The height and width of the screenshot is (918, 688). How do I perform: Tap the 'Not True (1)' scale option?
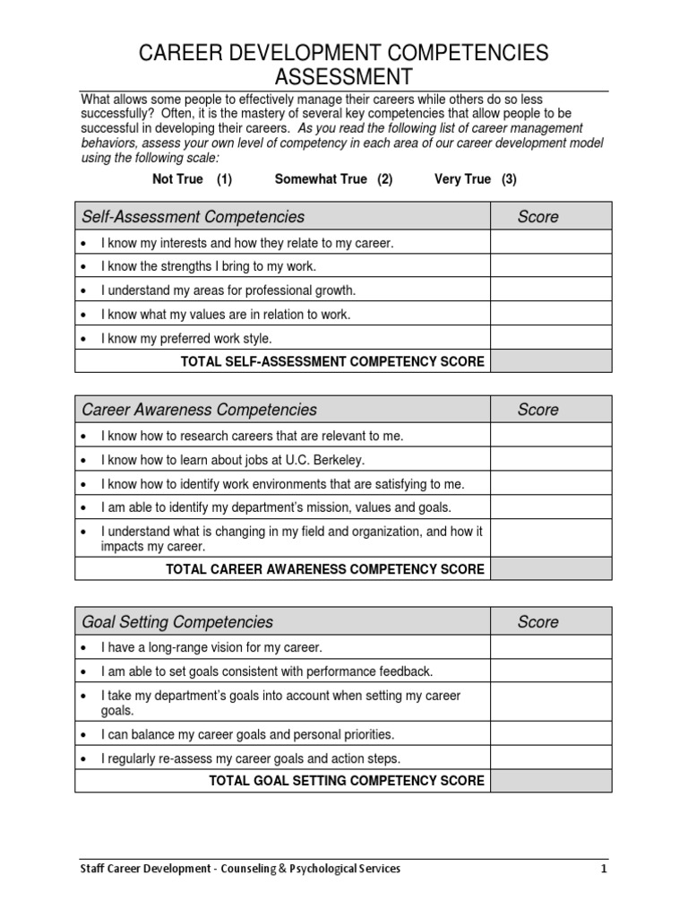coord(193,179)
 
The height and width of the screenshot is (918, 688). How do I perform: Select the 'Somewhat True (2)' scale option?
coord(333,179)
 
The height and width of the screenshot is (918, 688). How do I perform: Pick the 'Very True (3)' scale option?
coord(475,179)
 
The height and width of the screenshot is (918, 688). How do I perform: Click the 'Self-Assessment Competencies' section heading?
coord(193,216)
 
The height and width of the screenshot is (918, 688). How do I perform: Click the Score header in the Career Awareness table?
coord(537,410)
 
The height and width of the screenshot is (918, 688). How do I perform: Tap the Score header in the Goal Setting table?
coord(537,622)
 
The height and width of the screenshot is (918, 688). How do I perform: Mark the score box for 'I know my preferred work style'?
coord(551,339)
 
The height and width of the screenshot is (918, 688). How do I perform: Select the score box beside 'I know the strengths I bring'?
coord(551,266)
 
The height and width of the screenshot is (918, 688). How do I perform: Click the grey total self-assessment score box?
coord(551,361)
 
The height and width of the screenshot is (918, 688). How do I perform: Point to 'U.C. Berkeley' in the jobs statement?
coord(327,460)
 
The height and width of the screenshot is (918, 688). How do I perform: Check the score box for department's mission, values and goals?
coord(551,507)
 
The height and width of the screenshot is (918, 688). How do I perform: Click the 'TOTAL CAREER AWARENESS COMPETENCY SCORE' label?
coord(325,569)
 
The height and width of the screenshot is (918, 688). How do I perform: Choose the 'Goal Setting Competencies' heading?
coord(177,622)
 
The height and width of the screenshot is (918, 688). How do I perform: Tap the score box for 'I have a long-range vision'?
coord(551,647)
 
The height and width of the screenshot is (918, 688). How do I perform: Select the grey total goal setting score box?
coord(551,781)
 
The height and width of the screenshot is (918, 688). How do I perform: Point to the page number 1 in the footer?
coord(604,869)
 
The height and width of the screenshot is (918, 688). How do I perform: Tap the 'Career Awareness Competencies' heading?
coord(199,410)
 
